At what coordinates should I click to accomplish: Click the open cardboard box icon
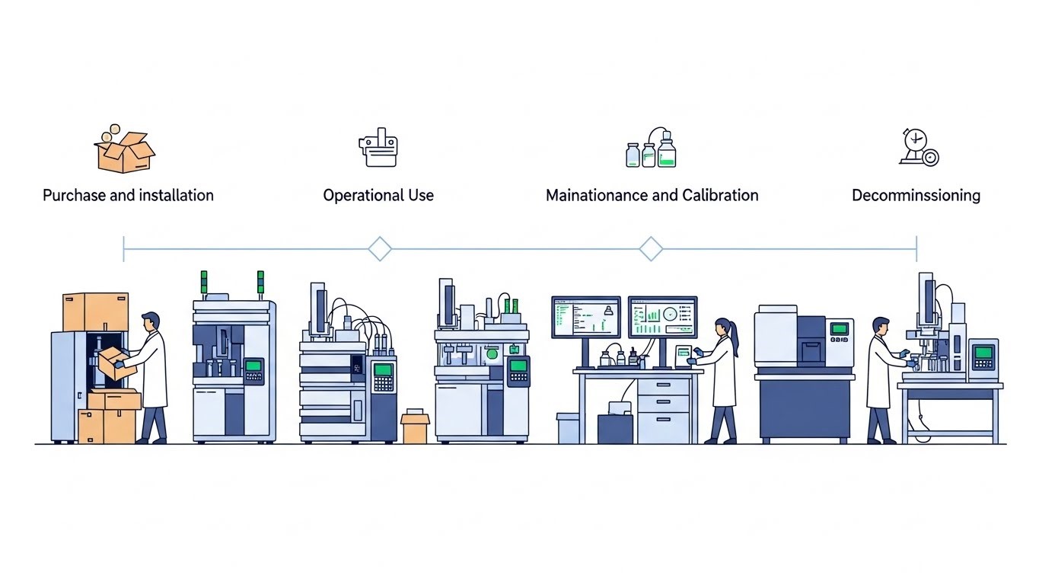point(125,151)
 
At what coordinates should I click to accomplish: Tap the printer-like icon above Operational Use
point(378,148)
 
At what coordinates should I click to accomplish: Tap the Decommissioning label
point(916,195)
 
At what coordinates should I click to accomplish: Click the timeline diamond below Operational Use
point(379,249)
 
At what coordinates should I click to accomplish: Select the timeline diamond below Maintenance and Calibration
point(651,249)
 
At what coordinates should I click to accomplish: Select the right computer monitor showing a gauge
point(662,317)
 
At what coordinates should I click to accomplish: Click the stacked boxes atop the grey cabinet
point(95,312)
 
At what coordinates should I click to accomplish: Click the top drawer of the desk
point(663,386)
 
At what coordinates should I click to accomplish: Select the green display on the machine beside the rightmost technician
point(983,353)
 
